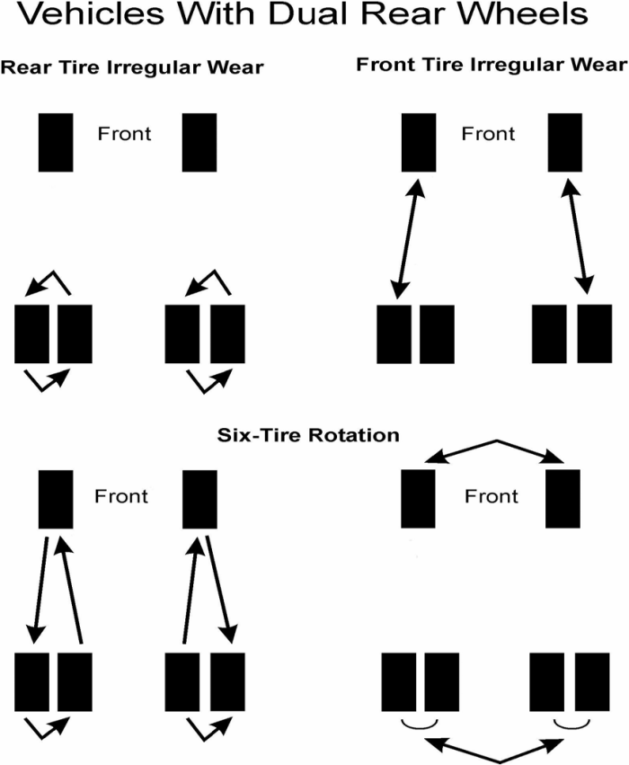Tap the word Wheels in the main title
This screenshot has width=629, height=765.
pyautogui.click(x=533, y=15)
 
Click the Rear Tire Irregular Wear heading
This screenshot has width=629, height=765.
pyautogui.click(x=132, y=68)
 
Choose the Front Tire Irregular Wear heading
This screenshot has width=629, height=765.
pyautogui.click(x=491, y=65)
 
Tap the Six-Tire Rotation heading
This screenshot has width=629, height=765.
pyautogui.click(x=308, y=435)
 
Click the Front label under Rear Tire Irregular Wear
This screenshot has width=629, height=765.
pyautogui.click(x=125, y=134)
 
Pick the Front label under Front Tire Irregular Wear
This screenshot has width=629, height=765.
pyautogui.click(x=488, y=134)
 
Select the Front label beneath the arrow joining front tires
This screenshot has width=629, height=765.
pyautogui.click(x=491, y=496)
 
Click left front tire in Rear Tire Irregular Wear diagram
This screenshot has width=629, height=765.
pyautogui.click(x=56, y=142)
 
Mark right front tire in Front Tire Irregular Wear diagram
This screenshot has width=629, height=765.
pyautogui.click(x=566, y=142)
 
